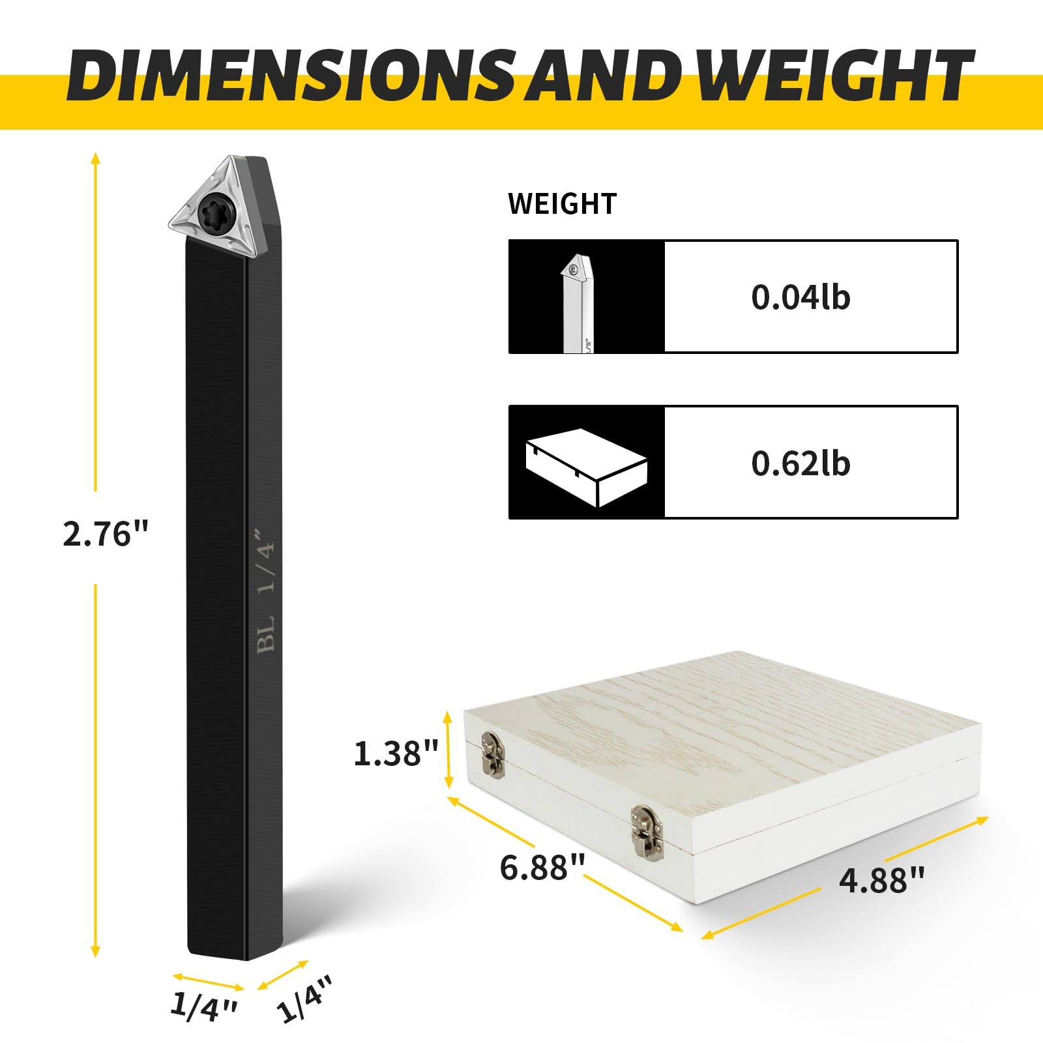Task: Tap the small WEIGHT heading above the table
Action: tap(562, 204)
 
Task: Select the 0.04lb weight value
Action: tap(801, 297)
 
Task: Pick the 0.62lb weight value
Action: tap(801, 463)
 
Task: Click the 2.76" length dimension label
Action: tap(106, 535)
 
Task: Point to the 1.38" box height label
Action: tap(396, 754)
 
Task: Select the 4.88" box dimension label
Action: tap(882, 881)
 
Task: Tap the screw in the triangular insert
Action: tap(214, 209)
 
